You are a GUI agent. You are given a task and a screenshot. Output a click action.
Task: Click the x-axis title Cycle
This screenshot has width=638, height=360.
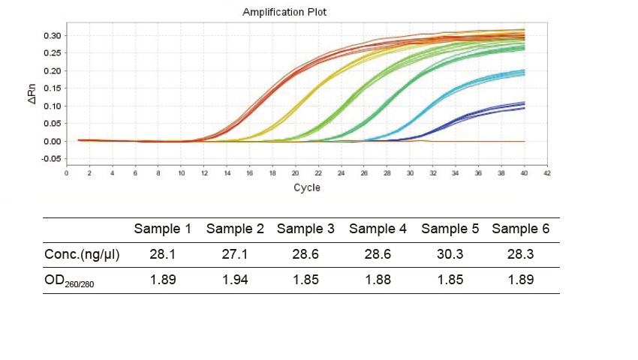point(306,187)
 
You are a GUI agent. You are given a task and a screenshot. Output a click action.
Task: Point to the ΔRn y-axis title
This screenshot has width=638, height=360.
point(33,93)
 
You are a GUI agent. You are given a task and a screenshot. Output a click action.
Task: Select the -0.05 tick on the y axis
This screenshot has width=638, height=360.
point(50,158)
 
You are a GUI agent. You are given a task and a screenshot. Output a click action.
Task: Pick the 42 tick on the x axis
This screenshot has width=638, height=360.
point(547,173)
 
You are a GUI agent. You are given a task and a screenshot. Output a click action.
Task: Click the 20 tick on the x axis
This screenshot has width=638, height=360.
point(296,173)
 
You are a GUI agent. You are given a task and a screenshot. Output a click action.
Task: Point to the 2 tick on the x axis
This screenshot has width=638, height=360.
point(89,173)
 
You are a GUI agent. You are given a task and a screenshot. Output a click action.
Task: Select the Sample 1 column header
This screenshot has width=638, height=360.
point(163,229)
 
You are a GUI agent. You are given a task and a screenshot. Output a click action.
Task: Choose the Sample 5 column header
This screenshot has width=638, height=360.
point(450,229)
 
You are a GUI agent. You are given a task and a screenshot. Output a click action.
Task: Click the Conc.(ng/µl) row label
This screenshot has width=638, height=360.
point(83,254)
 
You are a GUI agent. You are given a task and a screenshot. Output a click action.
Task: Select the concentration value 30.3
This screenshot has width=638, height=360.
point(450,254)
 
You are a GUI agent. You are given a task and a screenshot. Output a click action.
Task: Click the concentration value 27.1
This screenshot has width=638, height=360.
point(235,254)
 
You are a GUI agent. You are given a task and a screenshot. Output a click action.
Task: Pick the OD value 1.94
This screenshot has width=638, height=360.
point(235,280)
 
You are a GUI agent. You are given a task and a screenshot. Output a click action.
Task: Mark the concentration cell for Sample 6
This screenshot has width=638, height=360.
point(521,254)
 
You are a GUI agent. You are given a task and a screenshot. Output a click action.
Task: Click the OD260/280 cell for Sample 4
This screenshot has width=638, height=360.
point(378,280)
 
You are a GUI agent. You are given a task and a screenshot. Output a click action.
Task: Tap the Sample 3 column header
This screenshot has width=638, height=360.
point(305,229)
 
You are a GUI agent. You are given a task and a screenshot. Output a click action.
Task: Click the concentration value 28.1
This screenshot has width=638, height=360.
point(163,254)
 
